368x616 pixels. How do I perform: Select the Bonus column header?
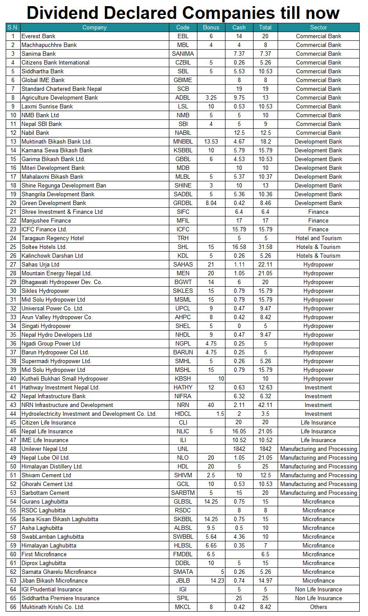[x=211, y=27]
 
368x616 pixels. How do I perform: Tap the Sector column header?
[x=318, y=27]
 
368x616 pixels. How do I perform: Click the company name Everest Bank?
[x=39, y=36]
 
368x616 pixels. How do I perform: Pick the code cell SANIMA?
[x=183, y=54]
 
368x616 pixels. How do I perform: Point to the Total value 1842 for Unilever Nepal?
[x=265, y=449]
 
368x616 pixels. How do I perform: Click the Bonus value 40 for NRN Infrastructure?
[x=211, y=405]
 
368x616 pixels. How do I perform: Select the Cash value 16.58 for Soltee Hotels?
[x=239, y=247]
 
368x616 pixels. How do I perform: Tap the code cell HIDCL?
[x=183, y=414]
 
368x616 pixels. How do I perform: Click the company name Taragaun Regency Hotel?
[x=53, y=238]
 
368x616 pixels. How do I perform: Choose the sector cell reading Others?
[x=318, y=607]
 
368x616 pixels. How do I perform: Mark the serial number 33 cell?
[x=13, y=317]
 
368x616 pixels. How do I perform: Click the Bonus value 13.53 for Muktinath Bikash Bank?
[x=211, y=141]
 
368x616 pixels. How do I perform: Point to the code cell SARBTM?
[x=183, y=493]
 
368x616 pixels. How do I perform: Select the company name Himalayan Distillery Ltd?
[x=52, y=466]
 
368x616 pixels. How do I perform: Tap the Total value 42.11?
[x=265, y=405]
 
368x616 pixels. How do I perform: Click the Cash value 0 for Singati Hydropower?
[x=239, y=326]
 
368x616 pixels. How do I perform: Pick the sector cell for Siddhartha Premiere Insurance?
[x=318, y=598]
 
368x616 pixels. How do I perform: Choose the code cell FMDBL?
[x=183, y=554]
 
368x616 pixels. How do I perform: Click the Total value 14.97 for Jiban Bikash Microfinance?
[x=265, y=580]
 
